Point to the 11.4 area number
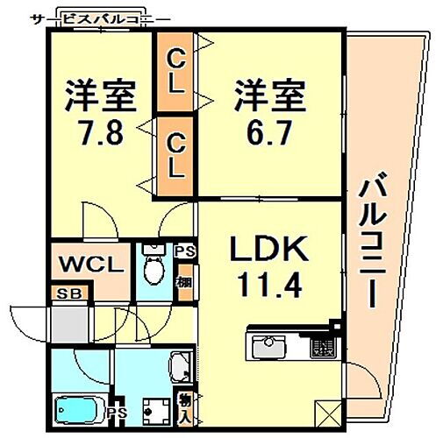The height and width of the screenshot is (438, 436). tap(268, 286)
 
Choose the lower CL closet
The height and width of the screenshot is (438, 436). tap(176, 155)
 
